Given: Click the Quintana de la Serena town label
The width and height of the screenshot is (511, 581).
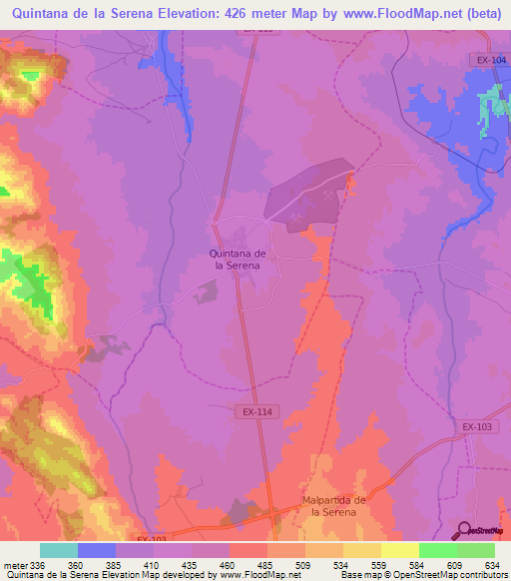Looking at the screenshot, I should (x=236, y=260).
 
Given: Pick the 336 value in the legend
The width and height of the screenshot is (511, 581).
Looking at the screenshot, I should (x=38, y=565).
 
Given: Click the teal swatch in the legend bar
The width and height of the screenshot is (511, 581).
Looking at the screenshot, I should (x=59, y=550).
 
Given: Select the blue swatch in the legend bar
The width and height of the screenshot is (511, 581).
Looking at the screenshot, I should (x=97, y=550).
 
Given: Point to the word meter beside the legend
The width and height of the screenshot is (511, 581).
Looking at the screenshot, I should (x=15, y=565).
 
